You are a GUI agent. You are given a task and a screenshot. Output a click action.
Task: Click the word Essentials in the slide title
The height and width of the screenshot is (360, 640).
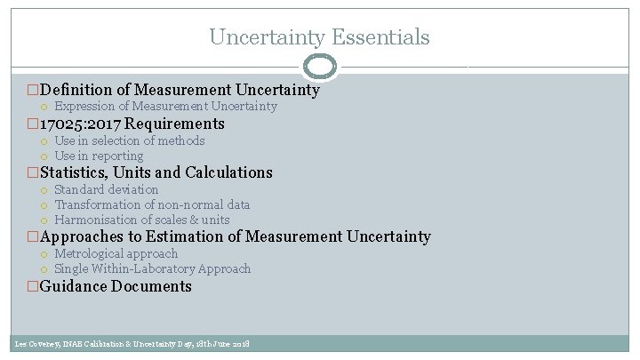tap(381, 37)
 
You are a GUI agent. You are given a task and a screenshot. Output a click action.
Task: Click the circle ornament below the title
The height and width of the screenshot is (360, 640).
tap(320, 67)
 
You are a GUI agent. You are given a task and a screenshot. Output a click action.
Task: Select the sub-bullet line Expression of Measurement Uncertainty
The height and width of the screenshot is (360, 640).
tap(165, 107)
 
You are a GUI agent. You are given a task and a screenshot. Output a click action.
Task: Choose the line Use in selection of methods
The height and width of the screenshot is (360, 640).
tap(129, 140)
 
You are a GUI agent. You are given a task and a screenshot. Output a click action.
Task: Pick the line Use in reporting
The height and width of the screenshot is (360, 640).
tap(99, 156)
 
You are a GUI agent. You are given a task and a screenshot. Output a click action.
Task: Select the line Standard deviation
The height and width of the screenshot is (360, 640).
tap(106, 189)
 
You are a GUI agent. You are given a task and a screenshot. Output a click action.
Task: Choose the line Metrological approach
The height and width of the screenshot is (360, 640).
tap(116, 253)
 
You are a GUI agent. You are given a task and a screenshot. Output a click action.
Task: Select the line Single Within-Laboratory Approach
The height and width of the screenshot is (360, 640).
tap(152, 268)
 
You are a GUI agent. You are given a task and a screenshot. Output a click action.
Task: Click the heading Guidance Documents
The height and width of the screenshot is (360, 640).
tap(116, 286)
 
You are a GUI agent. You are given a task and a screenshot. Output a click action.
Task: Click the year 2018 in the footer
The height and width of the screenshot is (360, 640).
tap(239, 344)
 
